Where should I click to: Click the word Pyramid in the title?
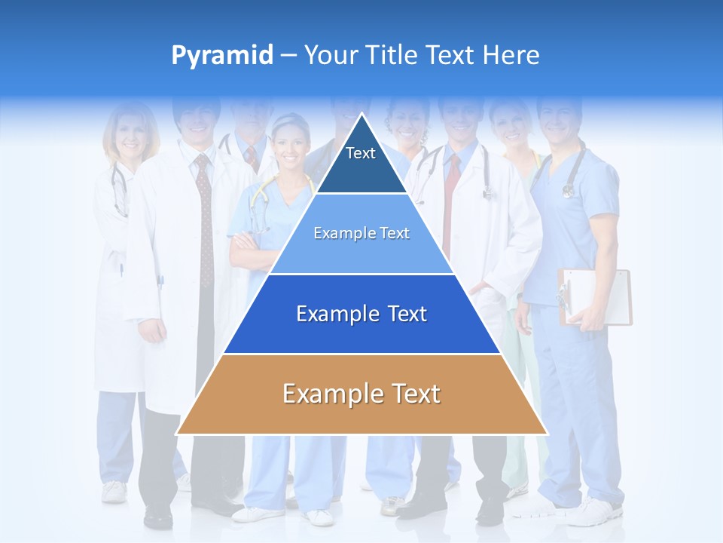[x=222, y=56]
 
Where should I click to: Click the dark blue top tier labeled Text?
[x=361, y=162]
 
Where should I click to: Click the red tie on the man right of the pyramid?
[x=452, y=196]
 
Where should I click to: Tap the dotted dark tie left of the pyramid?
[x=205, y=219]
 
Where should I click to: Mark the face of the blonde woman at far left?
[x=132, y=136]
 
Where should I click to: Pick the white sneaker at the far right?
[x=595, y=512]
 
